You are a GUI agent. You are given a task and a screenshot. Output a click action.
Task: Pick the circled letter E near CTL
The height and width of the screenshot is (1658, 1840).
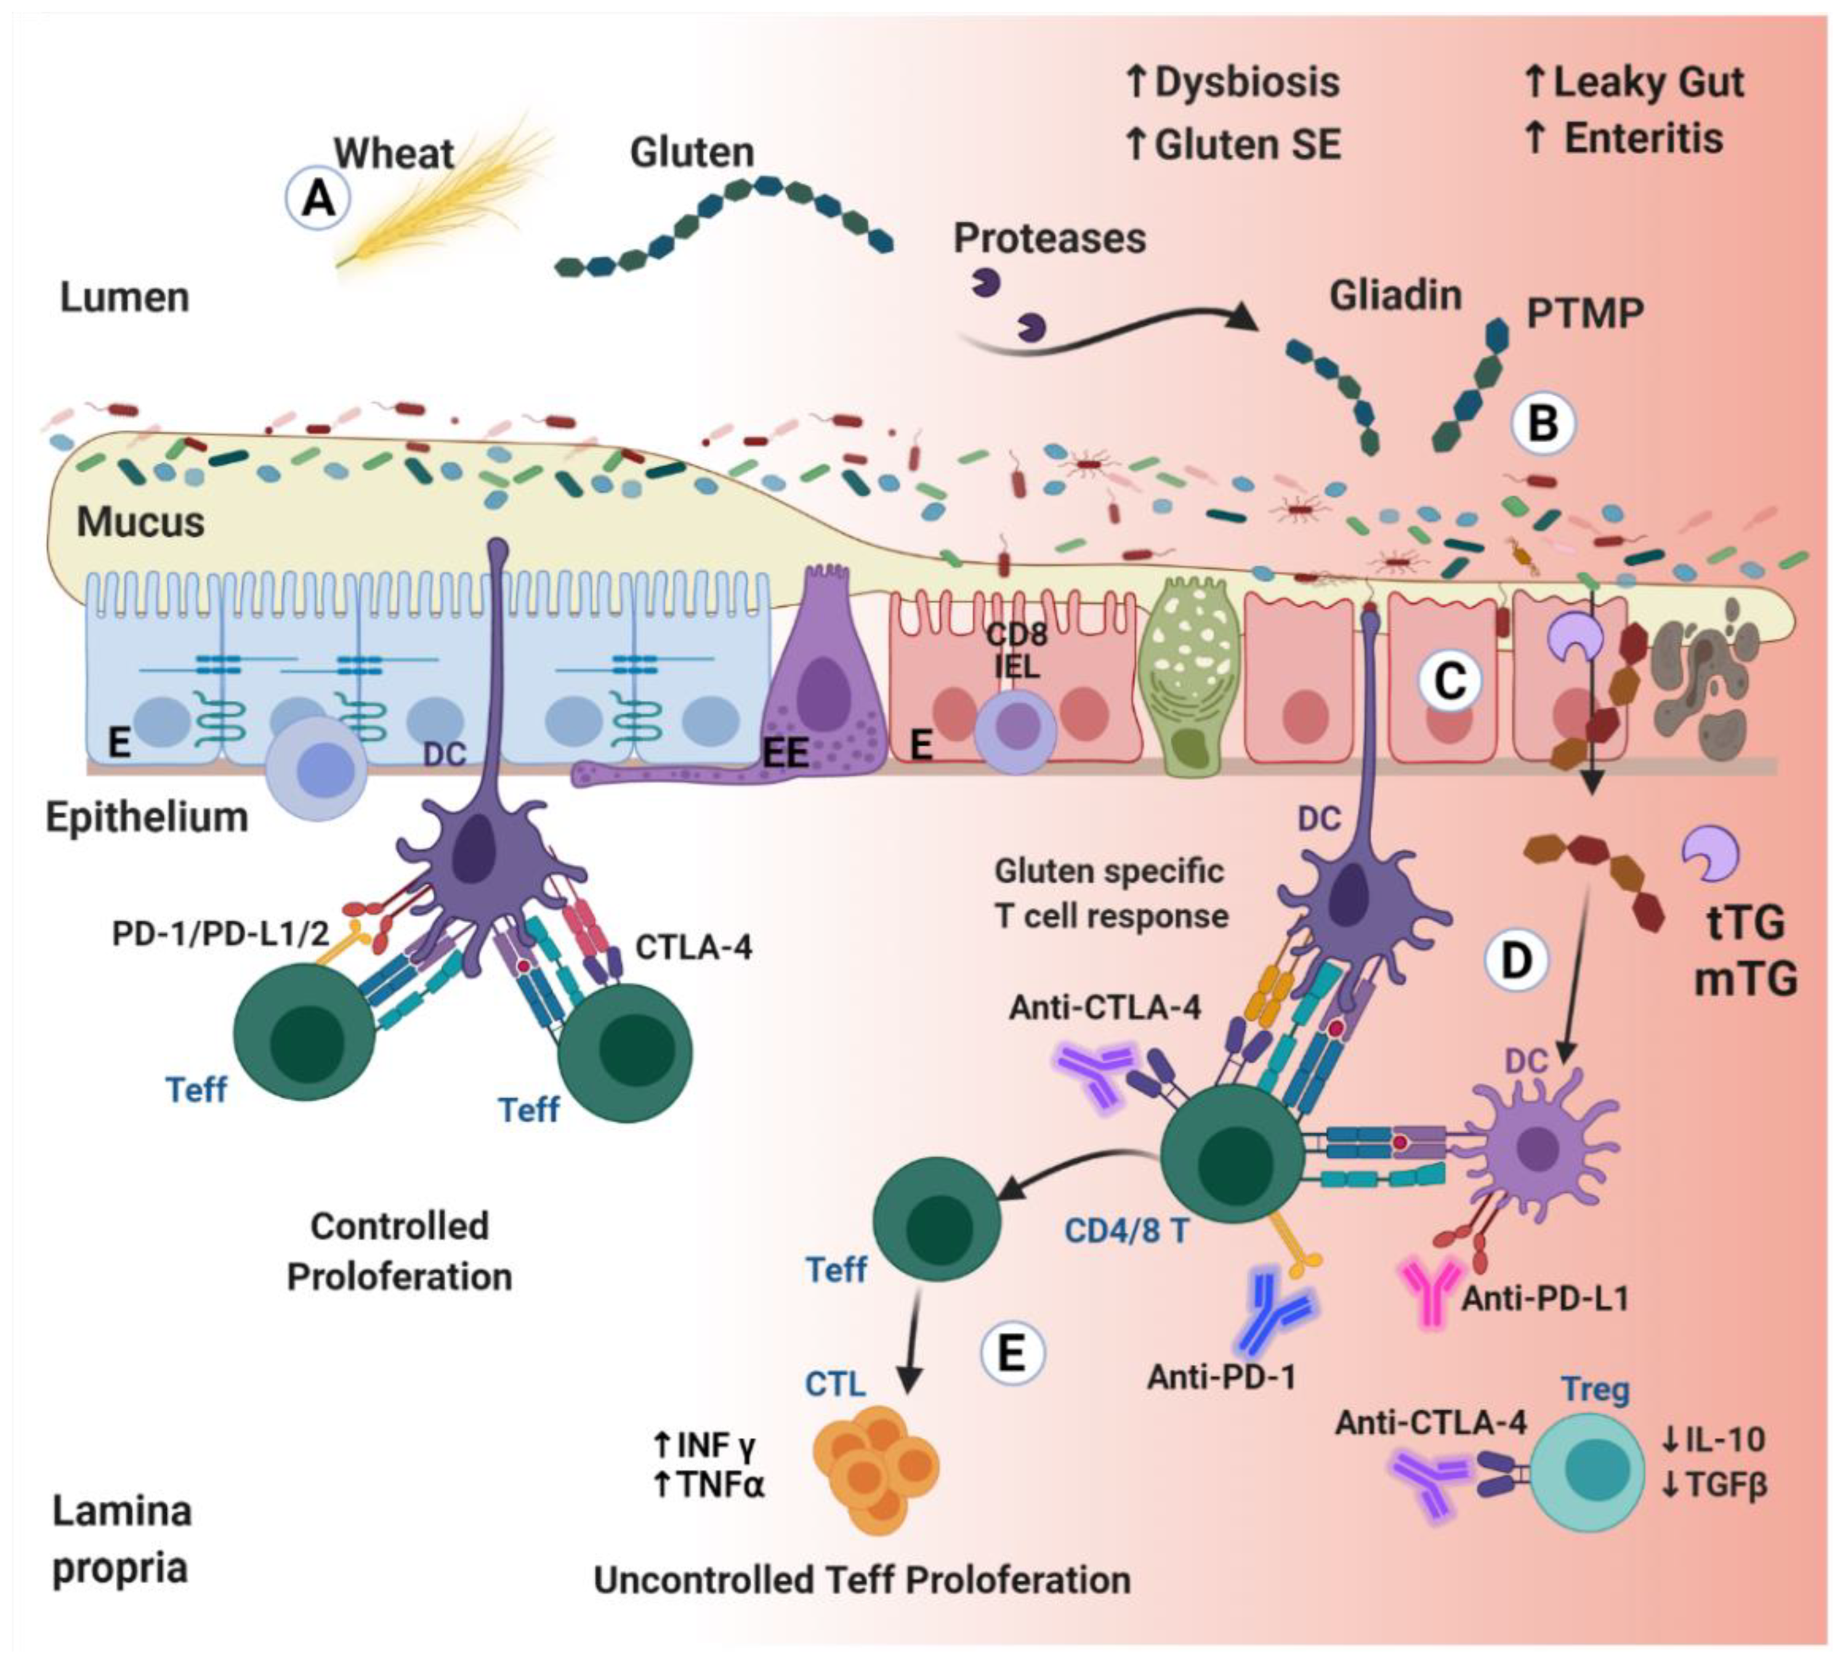(x=1012, y=1354)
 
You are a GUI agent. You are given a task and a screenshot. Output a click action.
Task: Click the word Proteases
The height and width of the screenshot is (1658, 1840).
(x=1049, y=239)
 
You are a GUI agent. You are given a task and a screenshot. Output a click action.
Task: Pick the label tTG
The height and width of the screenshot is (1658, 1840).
(x=1745, y=924)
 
